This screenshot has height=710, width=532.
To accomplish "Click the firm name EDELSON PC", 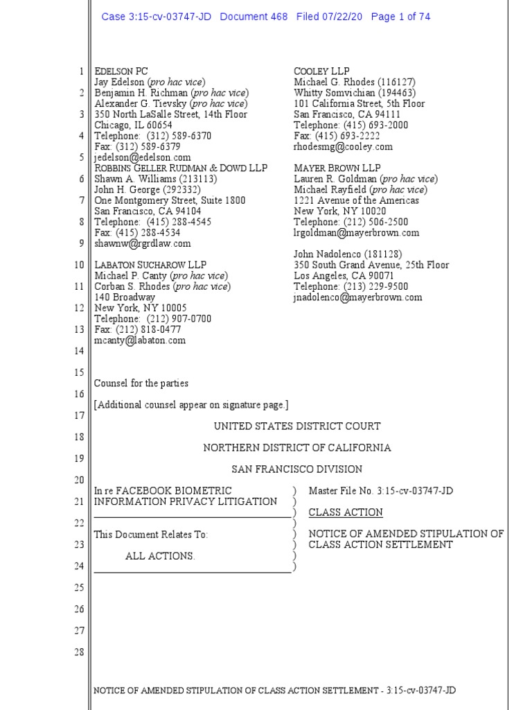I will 121,71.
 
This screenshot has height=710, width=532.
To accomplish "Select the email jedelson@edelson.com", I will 143,157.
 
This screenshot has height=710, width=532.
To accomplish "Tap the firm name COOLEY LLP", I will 321,71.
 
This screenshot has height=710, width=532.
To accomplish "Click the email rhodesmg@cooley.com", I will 343,147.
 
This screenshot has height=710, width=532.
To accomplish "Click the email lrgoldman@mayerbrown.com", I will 356,233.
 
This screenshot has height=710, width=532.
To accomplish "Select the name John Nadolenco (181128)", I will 348,254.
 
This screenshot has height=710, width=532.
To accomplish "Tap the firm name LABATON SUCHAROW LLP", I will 150,265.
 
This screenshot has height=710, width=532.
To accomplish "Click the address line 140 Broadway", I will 125,297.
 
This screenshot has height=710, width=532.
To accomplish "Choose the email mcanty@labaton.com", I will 140,340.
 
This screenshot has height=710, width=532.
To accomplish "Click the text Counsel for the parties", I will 141,383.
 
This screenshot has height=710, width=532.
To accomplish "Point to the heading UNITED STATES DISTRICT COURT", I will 297,426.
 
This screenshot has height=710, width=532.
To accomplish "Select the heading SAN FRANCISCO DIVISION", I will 297,469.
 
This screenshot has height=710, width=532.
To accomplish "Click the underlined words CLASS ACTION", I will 346,512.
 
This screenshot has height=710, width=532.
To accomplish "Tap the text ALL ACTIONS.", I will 160,556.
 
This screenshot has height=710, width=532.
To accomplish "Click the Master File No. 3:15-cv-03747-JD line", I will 381,491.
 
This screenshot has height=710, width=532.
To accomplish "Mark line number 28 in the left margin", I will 79,652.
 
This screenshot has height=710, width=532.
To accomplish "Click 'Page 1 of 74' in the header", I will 400,17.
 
